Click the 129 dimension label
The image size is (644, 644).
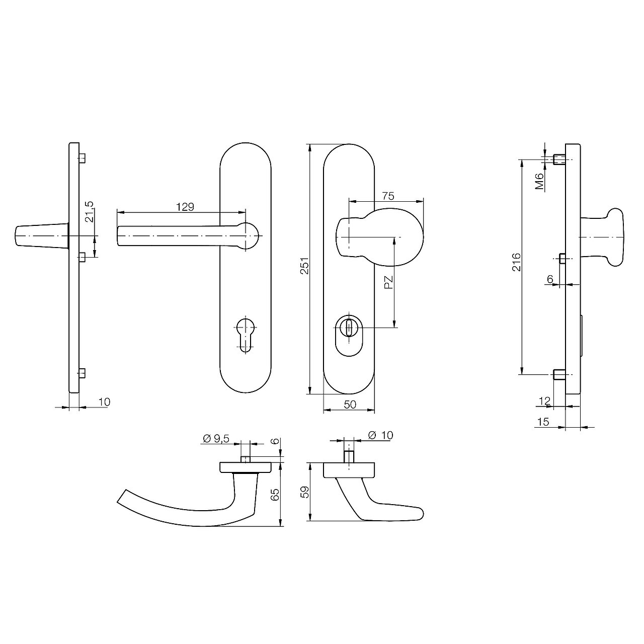click(185, 207)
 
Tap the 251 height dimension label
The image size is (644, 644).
click(304, 266)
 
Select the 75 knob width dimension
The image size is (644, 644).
click(388, 196)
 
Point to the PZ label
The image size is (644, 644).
click(388, 282)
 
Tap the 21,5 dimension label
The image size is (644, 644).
click(89, 212)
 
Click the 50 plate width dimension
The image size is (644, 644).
click(350, 405)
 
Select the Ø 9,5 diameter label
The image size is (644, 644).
click(216, 439)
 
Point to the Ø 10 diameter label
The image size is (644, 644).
click(380, 435)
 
